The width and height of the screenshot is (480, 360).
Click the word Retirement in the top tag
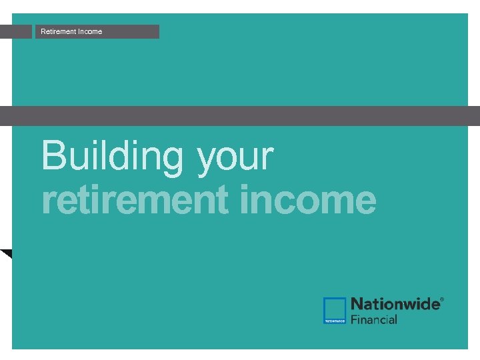pyautogui.click(x=58, y=31)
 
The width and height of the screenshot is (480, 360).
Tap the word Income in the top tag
pyautogui.click(x=90, y=31)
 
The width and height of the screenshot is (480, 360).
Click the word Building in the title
pyautogui.click(x=113, y=155)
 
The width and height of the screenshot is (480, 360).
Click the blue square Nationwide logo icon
pyautogui.click(x=335, y=311)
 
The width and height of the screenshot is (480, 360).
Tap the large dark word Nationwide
pyautogui.click(x=395, y=304)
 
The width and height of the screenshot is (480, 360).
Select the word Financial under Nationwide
pyautogui.click(x=374, y=319)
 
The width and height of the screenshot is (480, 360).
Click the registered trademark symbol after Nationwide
pyautogui.click(x=441, y=300)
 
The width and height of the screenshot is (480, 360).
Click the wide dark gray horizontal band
pyautogui.click(x=240, y=116)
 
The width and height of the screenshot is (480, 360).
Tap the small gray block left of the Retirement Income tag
pyautogui.click(x=16, y=31)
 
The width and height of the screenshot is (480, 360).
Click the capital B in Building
pyautogui.click(x=54, y=155)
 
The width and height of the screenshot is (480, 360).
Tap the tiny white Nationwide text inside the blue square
pyautogui.click(x=335, y=321)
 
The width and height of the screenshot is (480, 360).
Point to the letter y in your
pyautogui.click(x=207, y=160)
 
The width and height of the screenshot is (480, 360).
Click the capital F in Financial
pyautogui.click(x=354, y=319)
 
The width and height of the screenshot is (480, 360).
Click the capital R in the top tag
pyautogui.click(x=43, y=31)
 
